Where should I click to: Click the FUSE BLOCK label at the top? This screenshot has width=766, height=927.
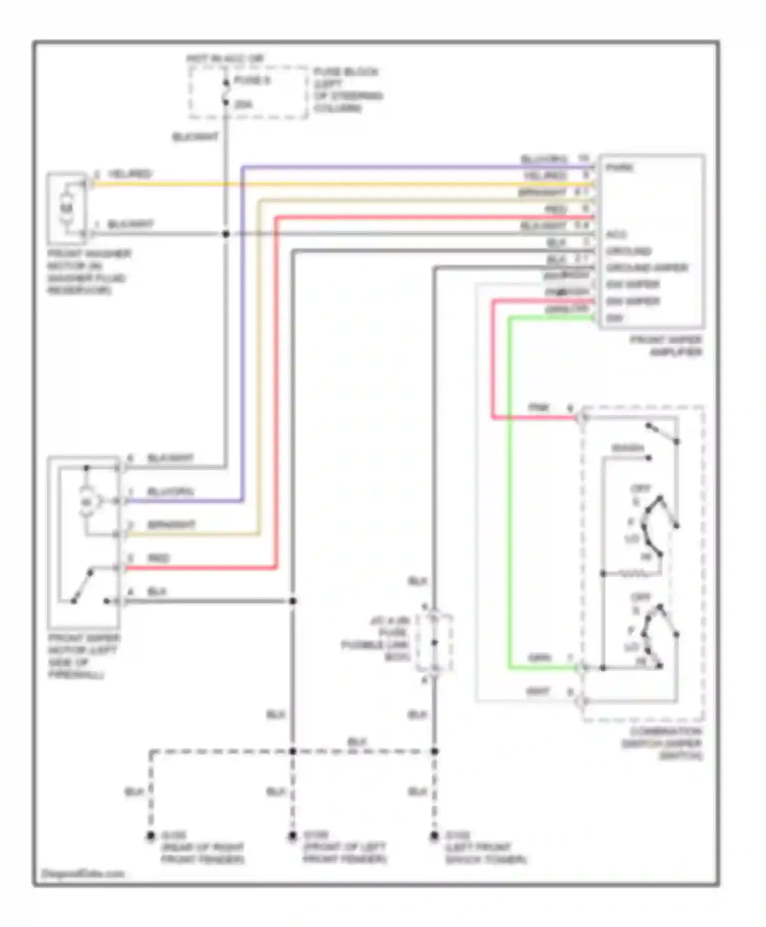[x=346, y=72]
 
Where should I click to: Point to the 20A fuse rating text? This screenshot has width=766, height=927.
[x=244, y=105]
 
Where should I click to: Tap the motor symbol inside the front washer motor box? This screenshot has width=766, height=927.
[x=67, y=208]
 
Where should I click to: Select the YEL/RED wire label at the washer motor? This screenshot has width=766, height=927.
[x=130, y=174]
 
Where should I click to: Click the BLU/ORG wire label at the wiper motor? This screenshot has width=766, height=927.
[x=170, y=492]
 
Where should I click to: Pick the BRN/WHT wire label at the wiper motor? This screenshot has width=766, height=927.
[x=171, y=525]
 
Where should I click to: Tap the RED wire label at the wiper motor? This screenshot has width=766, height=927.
[x=158, y=558]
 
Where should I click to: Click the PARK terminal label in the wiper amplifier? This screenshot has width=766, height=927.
[x=619, y=168]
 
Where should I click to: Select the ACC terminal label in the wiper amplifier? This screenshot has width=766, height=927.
[x=616, y=235]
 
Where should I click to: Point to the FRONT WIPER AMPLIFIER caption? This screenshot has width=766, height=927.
[x=666, y=346]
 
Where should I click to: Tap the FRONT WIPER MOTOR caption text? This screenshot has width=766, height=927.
[x=84, y=656]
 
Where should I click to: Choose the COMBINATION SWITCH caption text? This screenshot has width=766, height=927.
[x=662, y=744]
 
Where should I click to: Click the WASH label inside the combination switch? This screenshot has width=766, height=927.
[x=628, y=448]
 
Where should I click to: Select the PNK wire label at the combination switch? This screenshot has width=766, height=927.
[x=538, y=407]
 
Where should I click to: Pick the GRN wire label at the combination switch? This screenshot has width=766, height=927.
[x=539, y=658]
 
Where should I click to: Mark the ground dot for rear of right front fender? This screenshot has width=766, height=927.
[x=150, y=837]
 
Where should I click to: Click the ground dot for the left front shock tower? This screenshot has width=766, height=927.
[x=434, y=837]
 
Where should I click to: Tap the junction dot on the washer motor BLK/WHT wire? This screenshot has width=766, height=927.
[x=226, y=234]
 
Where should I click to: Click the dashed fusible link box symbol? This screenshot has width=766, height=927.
[x=434, y=643]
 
